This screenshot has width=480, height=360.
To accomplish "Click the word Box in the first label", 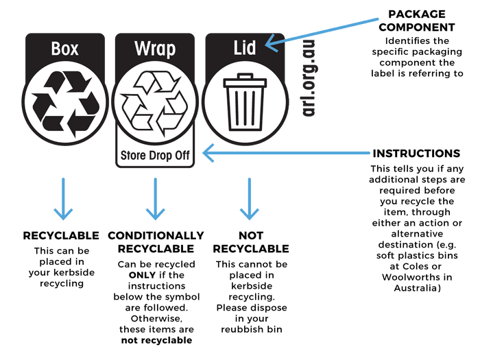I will point(65,49).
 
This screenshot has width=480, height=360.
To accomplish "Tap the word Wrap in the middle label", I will point(155,49).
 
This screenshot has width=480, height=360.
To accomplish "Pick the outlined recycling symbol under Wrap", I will point(155,103).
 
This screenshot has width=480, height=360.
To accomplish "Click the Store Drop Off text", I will point(155,155).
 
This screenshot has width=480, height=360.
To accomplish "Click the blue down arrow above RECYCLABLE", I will point(64,199).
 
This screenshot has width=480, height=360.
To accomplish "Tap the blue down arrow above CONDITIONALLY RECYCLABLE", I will point(155,199).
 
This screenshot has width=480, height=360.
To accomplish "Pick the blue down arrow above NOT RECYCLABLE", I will point(245,199).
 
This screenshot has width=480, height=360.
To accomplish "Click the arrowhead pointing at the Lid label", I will point(269,44).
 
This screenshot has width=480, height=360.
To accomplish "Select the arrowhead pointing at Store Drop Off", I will point(207,153).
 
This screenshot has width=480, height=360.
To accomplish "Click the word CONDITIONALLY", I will point(156,235).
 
